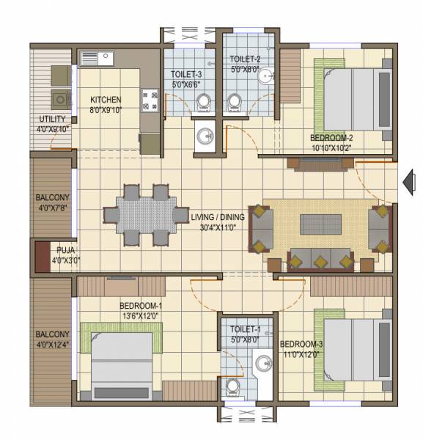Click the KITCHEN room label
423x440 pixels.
pyautogui.click(x=106, y=100)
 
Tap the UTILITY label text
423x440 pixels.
pyautogui.click(x=51, y=119)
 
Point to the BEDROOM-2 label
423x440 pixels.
pyautogui.click(x=331, y=137)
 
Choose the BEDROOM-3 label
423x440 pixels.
pyautogui.click(x=299, y=344)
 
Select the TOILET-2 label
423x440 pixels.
pyautogui.click(x=244, y=59)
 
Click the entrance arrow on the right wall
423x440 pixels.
pyautogui.click(x=409, y=180)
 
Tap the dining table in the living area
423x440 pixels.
pyautogui.click(x=145, y=216)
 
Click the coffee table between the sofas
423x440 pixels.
pyautogui.click(x=320, y=224)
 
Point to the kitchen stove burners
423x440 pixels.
pyautogui.click(x=150, y=100)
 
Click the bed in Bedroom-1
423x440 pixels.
pyautogui.click(x=121, y=362)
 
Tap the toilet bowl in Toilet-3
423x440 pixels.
pyautogui.click(x=205, y=101)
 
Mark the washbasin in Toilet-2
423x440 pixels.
pyautogui.click(x=268, y=75)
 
